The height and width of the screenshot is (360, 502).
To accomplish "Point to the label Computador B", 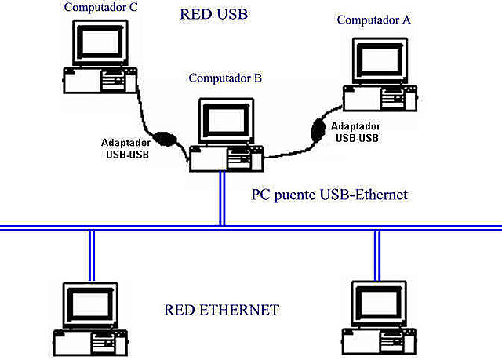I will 225,78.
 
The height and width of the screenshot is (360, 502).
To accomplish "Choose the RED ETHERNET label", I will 221,310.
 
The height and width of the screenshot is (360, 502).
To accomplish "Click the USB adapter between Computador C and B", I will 166,137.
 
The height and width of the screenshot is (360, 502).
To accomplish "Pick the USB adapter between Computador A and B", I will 318,129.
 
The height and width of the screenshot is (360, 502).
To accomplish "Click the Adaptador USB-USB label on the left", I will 126,148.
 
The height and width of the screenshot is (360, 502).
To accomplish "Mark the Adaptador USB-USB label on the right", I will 357,132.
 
